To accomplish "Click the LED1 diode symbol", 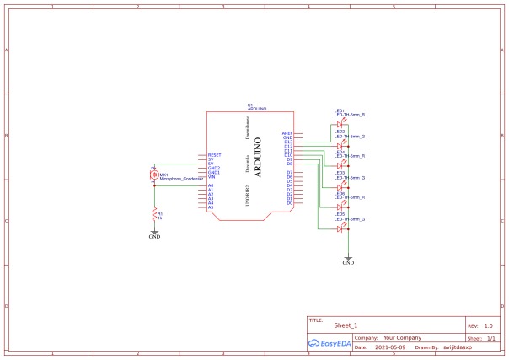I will click(x=340, y=124).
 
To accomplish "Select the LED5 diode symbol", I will click(x=340, y=228).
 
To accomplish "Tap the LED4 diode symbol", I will click(x=340, y=165).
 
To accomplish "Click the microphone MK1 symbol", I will click(x=154, y=175).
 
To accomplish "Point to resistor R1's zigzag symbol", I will click(x=154, y=215).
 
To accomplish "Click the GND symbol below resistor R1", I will click(x=154, y=234).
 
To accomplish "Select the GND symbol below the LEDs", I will click(x=348, y=259).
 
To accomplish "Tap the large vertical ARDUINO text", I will click(x=257, y=156).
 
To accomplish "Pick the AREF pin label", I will click(x=287, y=133).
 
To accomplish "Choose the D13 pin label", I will click(x=288, y=142).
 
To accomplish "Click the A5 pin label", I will click(x=211, y=207).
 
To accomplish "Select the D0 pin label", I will click(x=289, y=203).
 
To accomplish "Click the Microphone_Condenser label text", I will click(x=178, y=180).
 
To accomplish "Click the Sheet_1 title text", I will click(x=346, y=325).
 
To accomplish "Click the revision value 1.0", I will click(x=488, y=325).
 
